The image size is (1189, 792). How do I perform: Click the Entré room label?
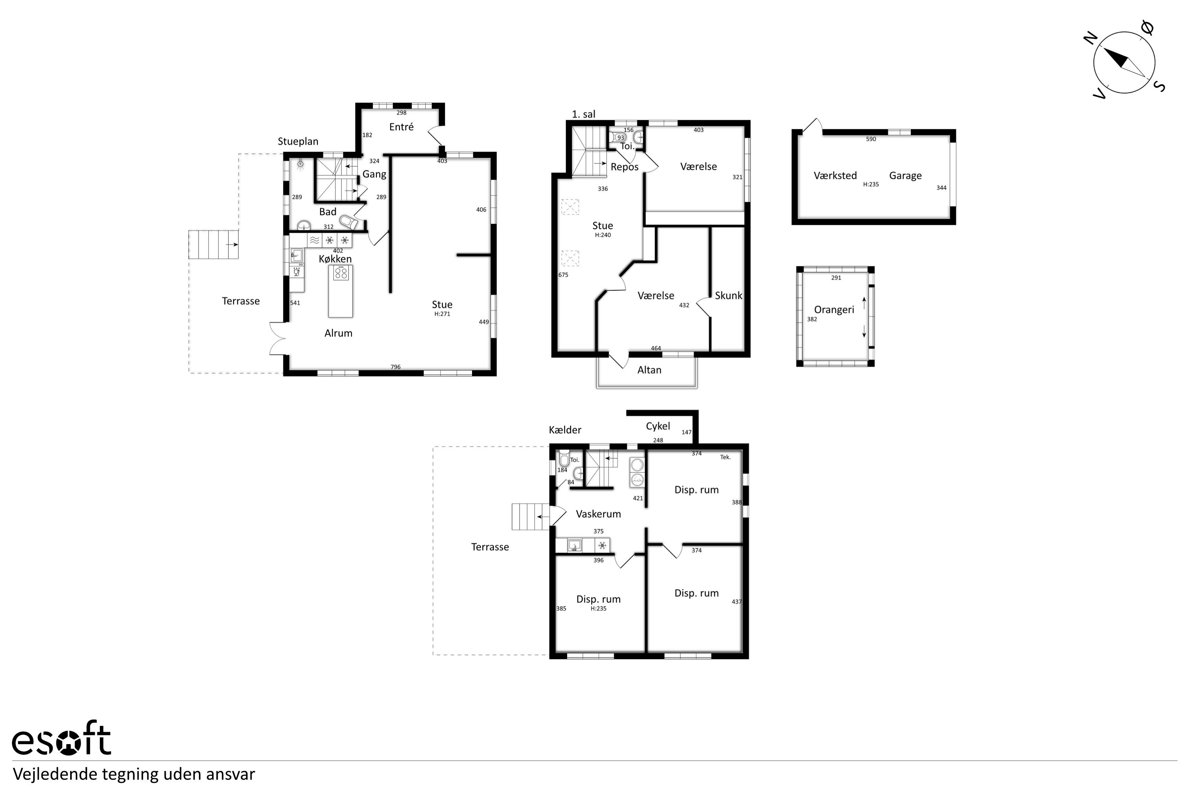click(x=401, y=127)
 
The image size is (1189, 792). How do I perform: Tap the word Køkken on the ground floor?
click(x=335, y=259)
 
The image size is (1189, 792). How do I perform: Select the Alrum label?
click(x=338, y=333)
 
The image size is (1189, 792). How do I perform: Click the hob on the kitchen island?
click(x=341, y=273)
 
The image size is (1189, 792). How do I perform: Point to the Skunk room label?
click(x=728, y=295)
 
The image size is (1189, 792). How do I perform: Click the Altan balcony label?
click(x=649, y=370)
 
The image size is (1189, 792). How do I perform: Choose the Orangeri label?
click(x=834, y=310)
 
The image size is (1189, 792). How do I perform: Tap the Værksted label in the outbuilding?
click(x=835, y=175)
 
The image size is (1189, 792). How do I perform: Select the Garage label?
click(x=905, y=176)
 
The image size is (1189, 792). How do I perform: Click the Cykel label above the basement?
click(x=658, y=426)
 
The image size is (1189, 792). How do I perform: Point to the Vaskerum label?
click(x=598, y=514)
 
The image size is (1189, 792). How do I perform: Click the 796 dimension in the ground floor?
click(x=395, y=367)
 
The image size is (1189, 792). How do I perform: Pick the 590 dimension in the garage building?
click(x=871, y=139)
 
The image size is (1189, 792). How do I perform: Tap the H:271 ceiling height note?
click(x=442, y=314)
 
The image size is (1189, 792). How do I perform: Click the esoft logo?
click(x=61, y=738)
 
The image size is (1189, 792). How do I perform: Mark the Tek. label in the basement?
click(x=725, y=457)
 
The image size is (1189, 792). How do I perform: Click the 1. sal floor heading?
click(x=583, y=114)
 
